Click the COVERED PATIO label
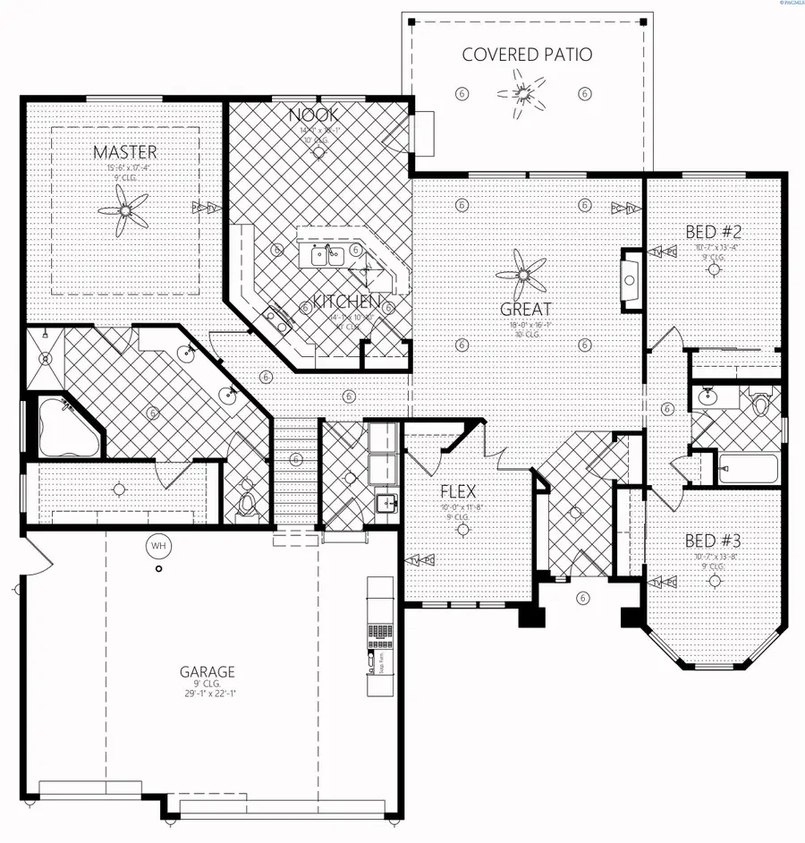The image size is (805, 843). tap(527, 55)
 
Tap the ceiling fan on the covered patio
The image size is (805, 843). tap(522, 93)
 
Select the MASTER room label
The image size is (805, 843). tap(124, 152)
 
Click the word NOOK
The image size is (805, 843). tap(313, 115)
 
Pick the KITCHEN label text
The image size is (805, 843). tap(347, 301)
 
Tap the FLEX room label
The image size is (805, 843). tap(457, 491)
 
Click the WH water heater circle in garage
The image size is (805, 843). tap(158, 545)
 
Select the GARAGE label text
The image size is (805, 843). tap(208, 671)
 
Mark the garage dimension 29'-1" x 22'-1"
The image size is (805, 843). tap(208, 694)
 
